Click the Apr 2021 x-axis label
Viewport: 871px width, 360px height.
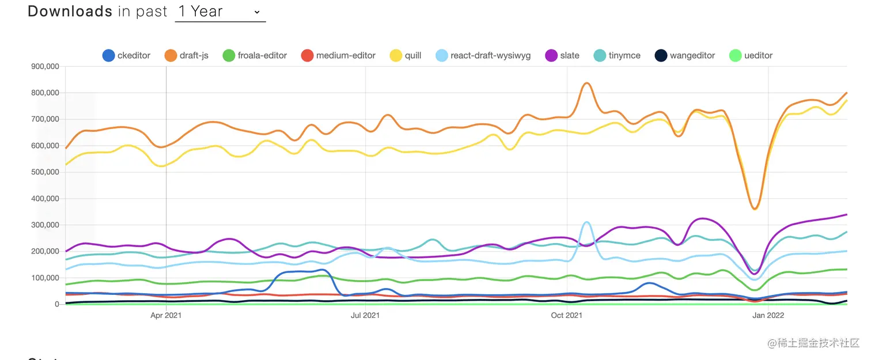166,315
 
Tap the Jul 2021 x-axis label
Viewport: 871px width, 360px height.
365,315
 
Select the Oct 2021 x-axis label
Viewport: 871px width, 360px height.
566,315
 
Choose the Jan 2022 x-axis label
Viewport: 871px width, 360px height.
767,315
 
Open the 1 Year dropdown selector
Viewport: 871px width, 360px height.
220,12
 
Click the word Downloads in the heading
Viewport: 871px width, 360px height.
70,12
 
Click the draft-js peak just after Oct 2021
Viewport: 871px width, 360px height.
586,83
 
